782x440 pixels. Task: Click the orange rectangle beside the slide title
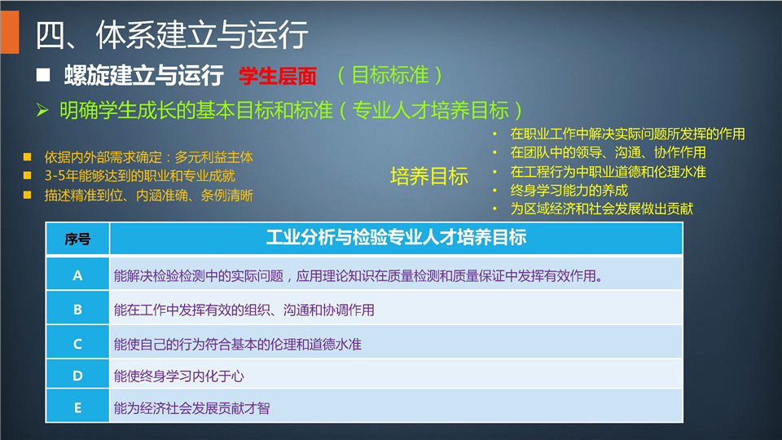click(10, 32)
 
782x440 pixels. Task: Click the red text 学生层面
click(278, 76)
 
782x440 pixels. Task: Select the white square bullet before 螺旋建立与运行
click(43, 75)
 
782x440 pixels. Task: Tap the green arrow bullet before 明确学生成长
click(42, 110)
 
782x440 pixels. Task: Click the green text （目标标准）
click(390, 75)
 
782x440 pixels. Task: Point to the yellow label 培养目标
click(429, 176)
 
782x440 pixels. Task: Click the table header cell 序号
click(77, 240)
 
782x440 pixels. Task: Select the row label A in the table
click(77, 275)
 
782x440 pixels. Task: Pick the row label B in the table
click(77, 310)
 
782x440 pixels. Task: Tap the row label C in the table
click(77, 344)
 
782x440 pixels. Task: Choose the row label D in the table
click(77, 376)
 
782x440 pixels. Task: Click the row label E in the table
click(78, 408)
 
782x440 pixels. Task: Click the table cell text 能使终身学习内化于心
click(179, 376)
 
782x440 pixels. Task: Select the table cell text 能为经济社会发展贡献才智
click(192, 408)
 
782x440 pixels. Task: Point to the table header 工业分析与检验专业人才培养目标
click(396, 237)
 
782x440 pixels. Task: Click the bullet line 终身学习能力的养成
click(569, 191)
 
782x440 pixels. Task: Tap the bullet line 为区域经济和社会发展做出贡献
click(601, 209)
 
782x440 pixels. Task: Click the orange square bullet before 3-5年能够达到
click(28, 176)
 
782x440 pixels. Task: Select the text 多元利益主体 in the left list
click(214, 157)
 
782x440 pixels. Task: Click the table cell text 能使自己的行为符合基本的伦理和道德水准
click(237, 344)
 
